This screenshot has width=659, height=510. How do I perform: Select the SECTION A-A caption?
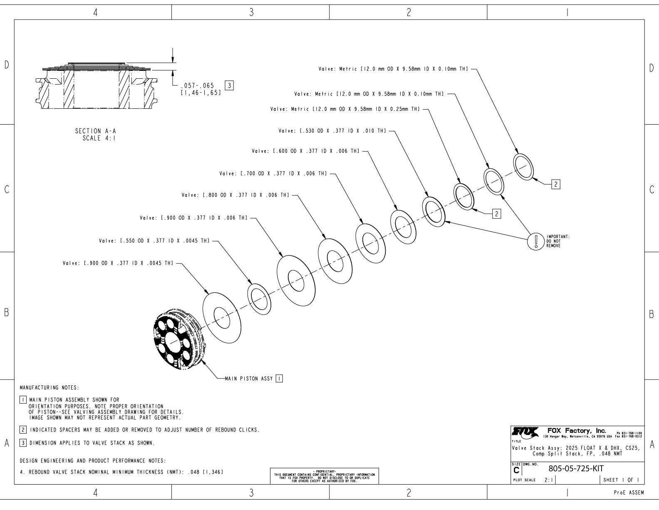[x=95, y=131]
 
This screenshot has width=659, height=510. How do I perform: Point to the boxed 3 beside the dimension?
[x=229, y=86]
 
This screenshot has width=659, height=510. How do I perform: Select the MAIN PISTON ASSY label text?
[x=248, y=379]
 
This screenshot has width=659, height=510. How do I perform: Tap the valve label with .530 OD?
[x=332, y=131]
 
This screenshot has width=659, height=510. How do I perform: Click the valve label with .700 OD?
[x=273, y=173]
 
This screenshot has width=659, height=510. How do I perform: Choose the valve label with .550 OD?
[x=154, y=240]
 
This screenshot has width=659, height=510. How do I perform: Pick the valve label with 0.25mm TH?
[x=345, y=109]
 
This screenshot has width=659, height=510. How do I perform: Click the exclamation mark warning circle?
[x=536, y=241]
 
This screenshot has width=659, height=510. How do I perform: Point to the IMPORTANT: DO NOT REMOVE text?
[x=557, y=241]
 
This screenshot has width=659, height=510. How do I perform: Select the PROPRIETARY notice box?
[x=325, y=475]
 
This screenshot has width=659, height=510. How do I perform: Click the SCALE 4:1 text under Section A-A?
[x=99, y=138]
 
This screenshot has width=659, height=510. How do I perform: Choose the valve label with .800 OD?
[x=235, y=195]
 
